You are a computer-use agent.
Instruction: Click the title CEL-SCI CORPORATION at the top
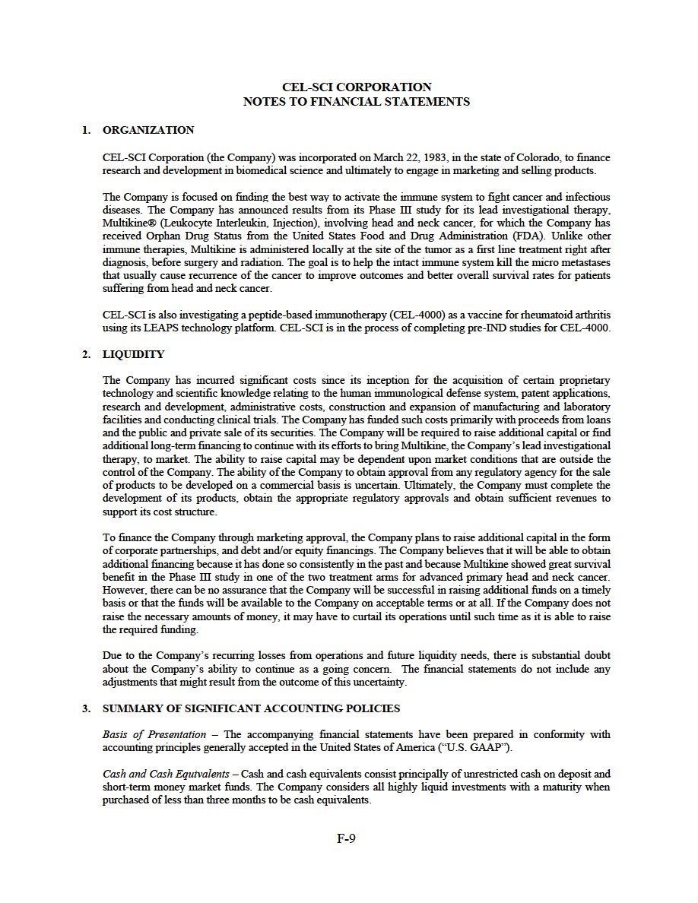(x=356, y=87)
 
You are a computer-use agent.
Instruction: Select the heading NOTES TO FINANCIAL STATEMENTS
(x=356, y=101)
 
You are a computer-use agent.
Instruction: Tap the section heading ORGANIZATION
(x=148, y=130)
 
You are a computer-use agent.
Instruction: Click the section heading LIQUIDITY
(x=133, y=354)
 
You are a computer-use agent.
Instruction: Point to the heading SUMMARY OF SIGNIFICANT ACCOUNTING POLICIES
(x=251, y=708)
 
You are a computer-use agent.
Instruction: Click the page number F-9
(x=347, y=839)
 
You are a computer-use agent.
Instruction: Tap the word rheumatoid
(x=534, y=315)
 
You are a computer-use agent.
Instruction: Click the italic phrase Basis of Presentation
(x=154, y=734)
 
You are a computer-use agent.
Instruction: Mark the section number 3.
(x=86, y=708)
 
